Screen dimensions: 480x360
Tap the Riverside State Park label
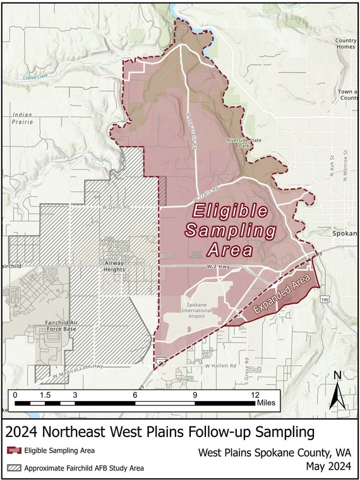pos(240,142)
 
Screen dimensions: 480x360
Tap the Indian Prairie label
pos(21,118)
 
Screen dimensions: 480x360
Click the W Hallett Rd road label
pos(220,366)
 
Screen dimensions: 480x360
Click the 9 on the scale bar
pos(195,394)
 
